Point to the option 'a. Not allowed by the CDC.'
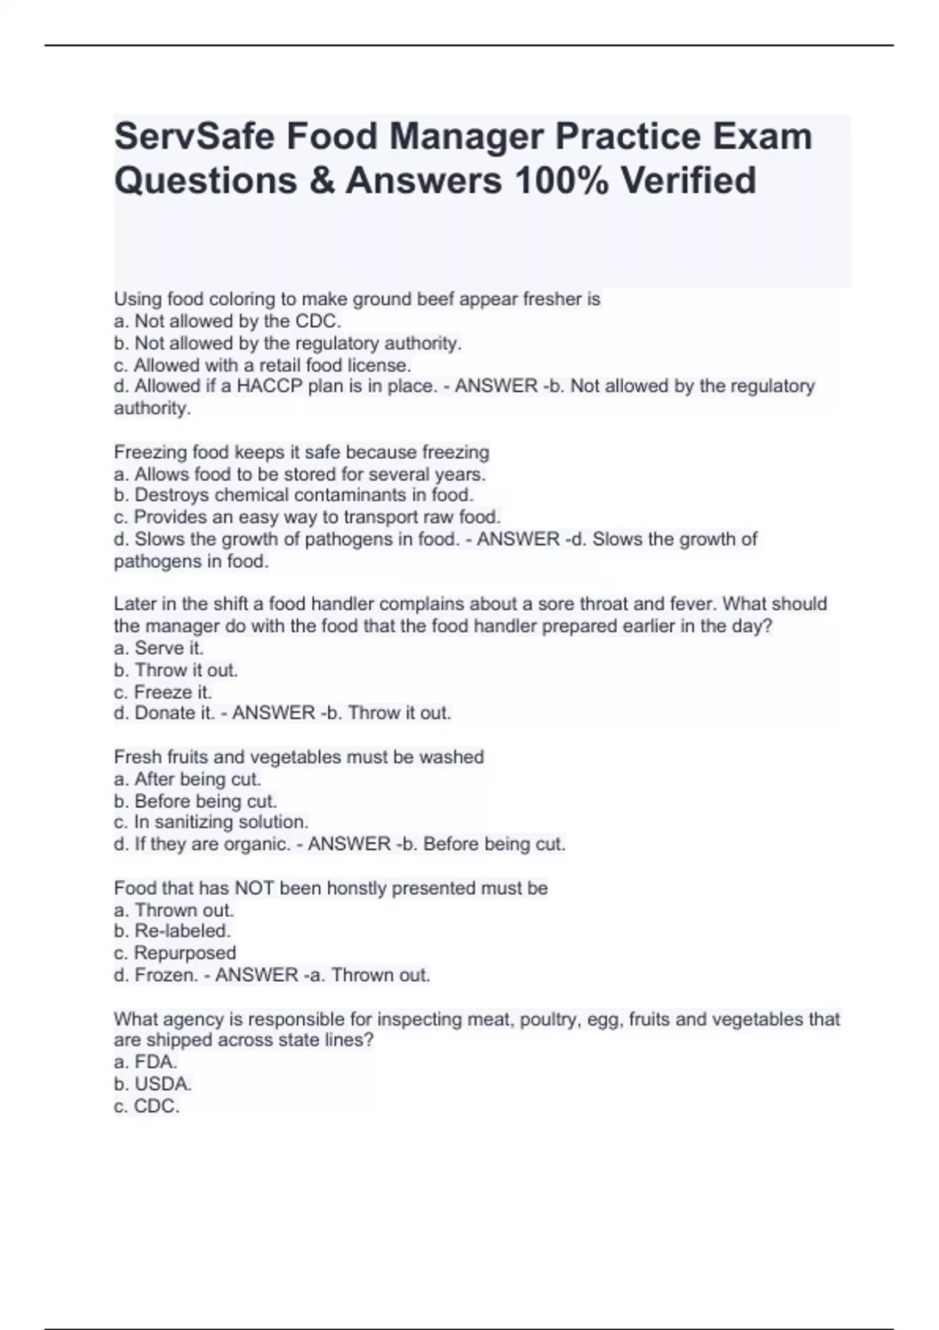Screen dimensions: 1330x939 click(x=228, y=321)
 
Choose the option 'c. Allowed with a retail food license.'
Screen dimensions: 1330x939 click(x=262, y=365)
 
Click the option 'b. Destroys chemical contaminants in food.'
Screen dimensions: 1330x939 click(x=293, y=495)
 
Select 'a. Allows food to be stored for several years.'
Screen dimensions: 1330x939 click(x=300, y=474)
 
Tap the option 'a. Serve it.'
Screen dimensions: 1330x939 click(x=159, y=648)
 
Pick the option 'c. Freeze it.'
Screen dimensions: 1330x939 click(x=163, y=692)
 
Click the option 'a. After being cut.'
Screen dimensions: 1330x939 click(x=188, y=779)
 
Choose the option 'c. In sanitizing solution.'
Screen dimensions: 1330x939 click(x=211, y=822)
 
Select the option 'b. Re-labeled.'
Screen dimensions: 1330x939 click(x=172, y=931)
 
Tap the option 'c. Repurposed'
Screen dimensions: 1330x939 click(x=175, y=953)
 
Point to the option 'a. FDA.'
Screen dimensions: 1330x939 click(x=146, y=1062)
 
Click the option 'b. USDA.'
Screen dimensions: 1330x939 click(x=153, y=1084)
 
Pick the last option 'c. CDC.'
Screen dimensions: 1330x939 click(x=147, y=1106)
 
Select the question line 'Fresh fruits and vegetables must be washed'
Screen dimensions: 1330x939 click(x=299, y=757)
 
